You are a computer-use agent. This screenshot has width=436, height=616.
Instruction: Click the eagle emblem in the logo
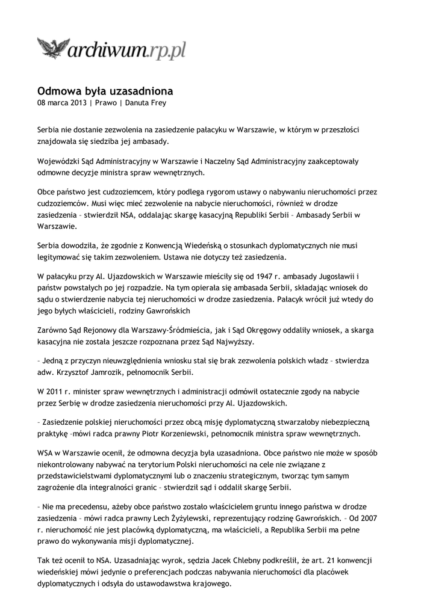(53, 46)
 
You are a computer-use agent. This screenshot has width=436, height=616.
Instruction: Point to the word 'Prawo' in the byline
(106, 103)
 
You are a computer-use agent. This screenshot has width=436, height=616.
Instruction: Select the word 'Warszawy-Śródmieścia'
(166, 330)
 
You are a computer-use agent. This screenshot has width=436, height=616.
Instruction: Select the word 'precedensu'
(88, 506)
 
